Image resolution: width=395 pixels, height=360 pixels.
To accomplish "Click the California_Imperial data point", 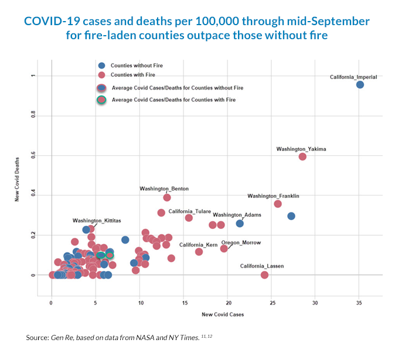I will tap(360, 85).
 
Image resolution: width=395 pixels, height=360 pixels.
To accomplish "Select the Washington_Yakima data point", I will tap(302, 156).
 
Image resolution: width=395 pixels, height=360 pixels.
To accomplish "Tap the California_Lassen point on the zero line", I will tap(264, 275).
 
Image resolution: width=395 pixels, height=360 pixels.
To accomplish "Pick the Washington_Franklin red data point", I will tap(278, 204).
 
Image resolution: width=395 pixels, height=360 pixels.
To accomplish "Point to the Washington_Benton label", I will tap(164, 189).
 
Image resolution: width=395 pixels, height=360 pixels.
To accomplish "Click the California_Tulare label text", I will tap(190, 211).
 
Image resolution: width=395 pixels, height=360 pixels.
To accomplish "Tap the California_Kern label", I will tap(198, 244).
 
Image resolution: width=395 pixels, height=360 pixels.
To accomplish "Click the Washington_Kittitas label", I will tap(97, 221).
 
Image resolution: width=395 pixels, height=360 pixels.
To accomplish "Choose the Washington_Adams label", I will tap(233, 215).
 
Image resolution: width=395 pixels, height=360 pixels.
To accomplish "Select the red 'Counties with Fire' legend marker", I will tap(102, 75).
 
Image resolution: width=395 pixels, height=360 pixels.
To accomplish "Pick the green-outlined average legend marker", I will tap(102, 100).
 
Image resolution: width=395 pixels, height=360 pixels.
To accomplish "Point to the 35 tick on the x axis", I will tap(359, 303).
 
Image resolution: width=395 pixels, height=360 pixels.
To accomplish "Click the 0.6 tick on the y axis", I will tap(33, 155).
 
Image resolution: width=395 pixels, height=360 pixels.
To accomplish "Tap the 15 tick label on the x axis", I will tap(183, 303).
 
